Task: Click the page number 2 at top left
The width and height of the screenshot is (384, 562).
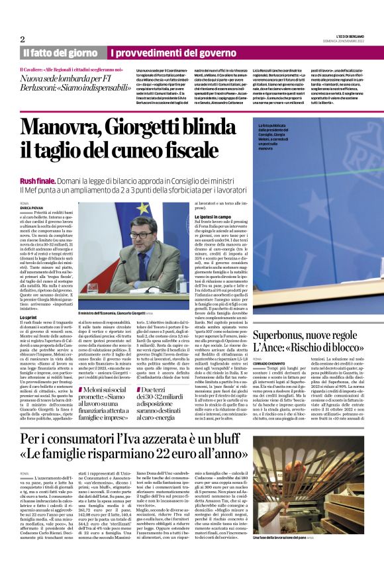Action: click(x=23, y=39)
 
